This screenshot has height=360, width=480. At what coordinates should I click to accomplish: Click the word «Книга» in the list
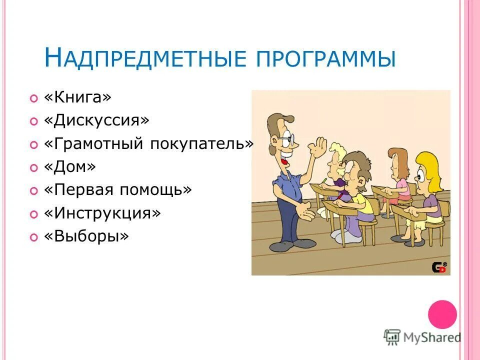pyautogui.click(x=77, y=98)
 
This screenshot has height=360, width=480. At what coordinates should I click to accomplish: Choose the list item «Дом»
pyautogui.click(x=69, y=167)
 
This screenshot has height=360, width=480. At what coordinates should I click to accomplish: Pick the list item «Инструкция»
pyautogui.click(x=102, y=213)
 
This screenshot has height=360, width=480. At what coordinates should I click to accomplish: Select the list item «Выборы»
pyautogui.click(x=86, y=236)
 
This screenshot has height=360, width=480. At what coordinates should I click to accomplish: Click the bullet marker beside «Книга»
pyautogui.click(x=33, y=99)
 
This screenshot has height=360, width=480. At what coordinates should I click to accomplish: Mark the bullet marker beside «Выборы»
pyautogui.click(x=33, y=237)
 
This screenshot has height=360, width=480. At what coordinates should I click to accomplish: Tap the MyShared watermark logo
pyautogui.click(x=422, y=337)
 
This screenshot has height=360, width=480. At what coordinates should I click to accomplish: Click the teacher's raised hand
pyautogui.click(x=316, y=148)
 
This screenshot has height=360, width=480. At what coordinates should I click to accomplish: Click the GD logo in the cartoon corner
pyautogui.click(x=439, y=267)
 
